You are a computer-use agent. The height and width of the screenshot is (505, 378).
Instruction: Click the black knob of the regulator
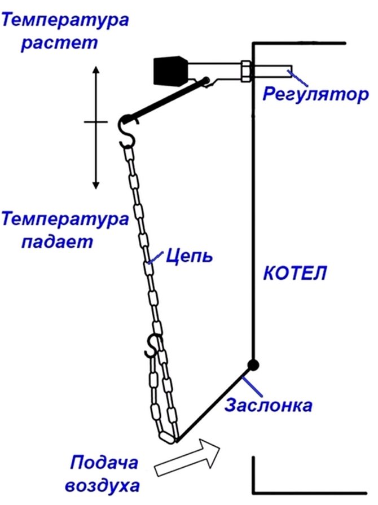tap(169, 71)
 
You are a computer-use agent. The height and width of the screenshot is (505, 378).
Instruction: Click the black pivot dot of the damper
tap(253, 365)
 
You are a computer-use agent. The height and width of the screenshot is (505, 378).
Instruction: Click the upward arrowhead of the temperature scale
tap(96, 71)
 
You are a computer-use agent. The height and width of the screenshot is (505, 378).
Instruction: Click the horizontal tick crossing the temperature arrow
tap(95, 121)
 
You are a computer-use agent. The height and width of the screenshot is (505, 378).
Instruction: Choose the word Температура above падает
tap(65, 219)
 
